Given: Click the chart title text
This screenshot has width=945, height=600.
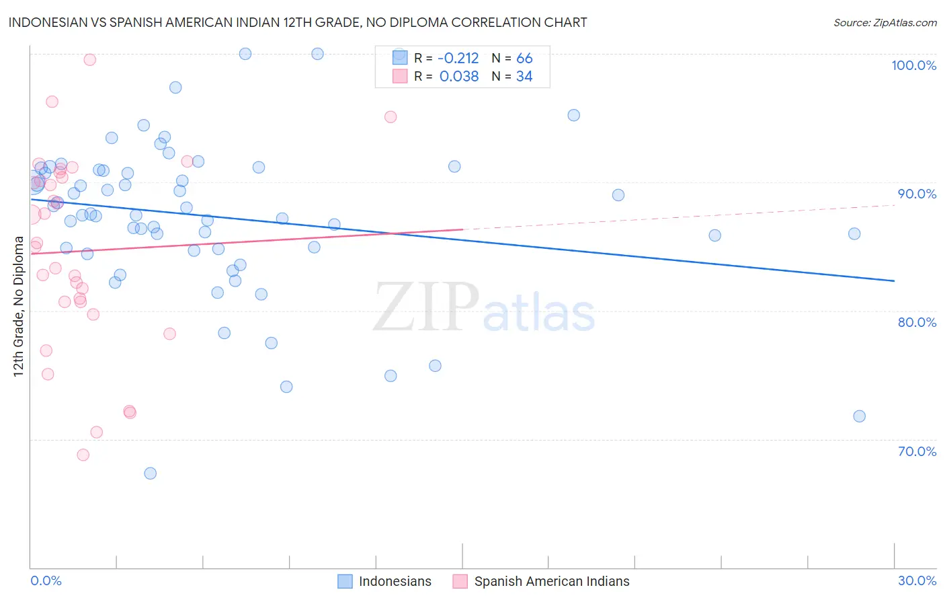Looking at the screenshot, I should (x=298, y=22).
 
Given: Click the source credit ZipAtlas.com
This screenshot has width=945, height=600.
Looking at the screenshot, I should (x=885, y=22).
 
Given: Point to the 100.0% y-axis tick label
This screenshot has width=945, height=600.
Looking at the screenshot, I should (x=913, y=65).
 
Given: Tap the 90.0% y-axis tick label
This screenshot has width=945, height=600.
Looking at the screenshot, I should (x=917, y=194).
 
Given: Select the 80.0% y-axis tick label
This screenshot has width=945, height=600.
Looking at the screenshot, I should (x=917, y=322).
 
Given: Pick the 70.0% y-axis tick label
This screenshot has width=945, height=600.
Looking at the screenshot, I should (x=917, y=451).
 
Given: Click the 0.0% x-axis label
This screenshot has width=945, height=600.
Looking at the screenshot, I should (x=46, y=580).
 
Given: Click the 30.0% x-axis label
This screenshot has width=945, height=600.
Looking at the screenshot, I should (x=917, y=580).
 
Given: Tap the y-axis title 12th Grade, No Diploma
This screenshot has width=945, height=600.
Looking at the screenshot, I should (x=19, y=306).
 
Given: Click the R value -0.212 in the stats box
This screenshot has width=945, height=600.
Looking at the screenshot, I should (x=458, y=59).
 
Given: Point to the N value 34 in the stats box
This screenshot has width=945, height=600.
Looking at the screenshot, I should (x=524, y=77).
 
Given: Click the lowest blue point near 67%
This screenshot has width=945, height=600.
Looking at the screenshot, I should (x=151, y=474).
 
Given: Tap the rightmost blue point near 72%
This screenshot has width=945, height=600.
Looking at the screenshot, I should (x=859, y=416).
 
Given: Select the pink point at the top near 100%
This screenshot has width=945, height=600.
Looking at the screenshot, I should (x=89, y=59).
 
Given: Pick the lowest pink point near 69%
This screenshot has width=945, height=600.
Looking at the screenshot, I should (x=83, y=455).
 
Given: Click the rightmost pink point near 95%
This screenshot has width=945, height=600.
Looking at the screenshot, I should (x=391, y=117).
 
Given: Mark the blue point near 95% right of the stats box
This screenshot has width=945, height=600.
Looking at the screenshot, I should (x=573, y=115).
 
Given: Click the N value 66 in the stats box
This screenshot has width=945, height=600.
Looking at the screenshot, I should (x=524, y=59).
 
